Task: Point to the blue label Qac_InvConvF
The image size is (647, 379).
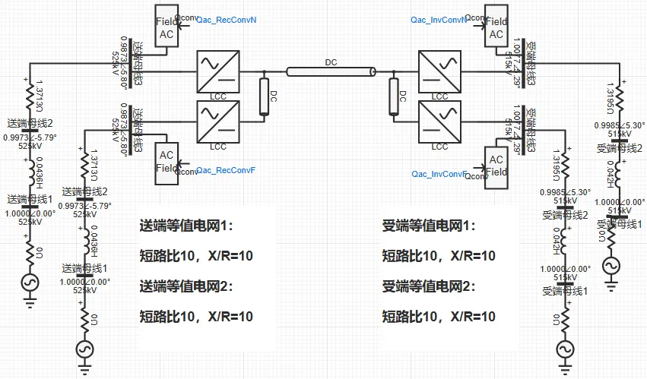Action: pyautogui.click(x=438, y=174)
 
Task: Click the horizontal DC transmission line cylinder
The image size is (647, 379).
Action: pyautogui.click(x=331, y=72)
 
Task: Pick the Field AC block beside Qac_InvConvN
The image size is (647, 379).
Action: pyautogui.click(x=496, y=28)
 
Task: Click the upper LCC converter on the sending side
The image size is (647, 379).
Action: pyautogui.click(x=217, y=71)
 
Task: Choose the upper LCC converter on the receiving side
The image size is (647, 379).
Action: pyautogui.click(x=439, y=71)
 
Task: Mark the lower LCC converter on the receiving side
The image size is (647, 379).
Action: pyautogui.click(x=439, y=122)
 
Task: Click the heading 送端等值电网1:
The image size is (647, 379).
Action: pyautogui.click(x=186, y=226)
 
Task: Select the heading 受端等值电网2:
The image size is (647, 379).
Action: pyautogui.click(x=428, y=286)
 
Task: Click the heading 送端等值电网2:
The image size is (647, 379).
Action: pyautogui.click(x=186, y=286)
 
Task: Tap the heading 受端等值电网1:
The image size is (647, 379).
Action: pyautogui.click(x=428, y=226)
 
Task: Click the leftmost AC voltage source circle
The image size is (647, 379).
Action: pyautogui.click(x=30, y=282)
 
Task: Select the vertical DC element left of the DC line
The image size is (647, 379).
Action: pyautogui.click(x=264, y=96)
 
